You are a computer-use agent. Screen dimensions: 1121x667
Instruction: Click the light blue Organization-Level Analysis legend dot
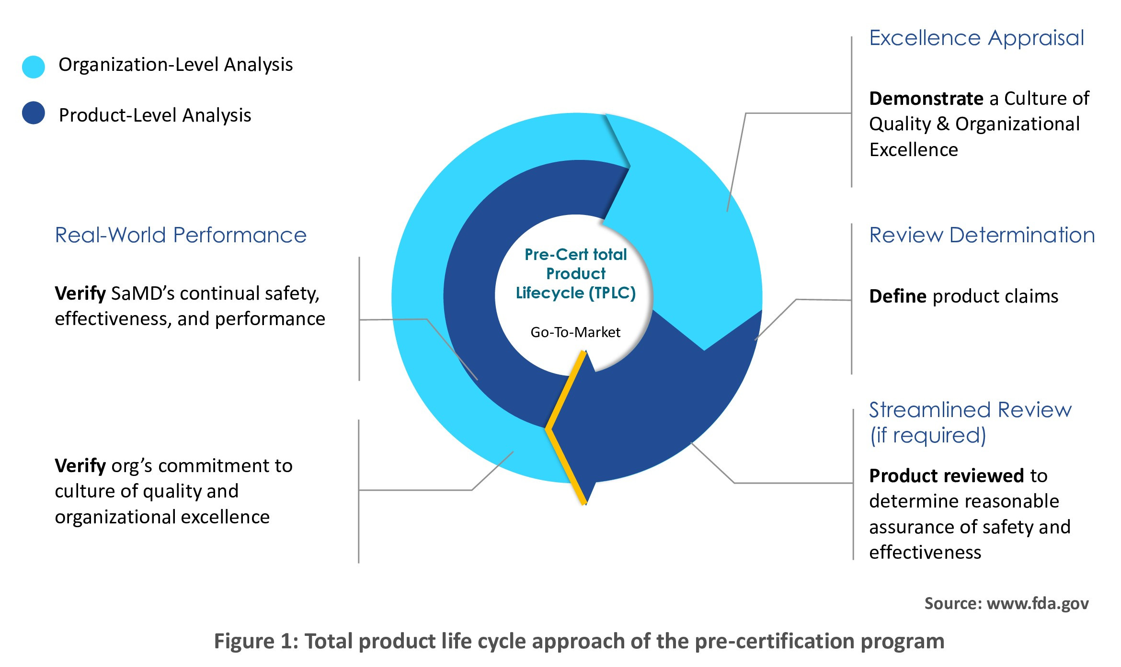click(x=34, y=67)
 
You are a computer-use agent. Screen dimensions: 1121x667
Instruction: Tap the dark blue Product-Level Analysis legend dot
click(x=34, y=113)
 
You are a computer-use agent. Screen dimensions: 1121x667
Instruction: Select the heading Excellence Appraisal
click(x=976, y=38)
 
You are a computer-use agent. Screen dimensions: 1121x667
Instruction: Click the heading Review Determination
click(x=982, y=235)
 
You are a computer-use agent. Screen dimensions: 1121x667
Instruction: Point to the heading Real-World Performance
click(x=181, y=235)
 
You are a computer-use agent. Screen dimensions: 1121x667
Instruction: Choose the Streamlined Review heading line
click(x=970, y=410)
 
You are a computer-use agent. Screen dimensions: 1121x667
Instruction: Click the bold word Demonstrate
click(x=926, y=99)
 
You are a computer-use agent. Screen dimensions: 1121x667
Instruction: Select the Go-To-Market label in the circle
click(x=575, y=332)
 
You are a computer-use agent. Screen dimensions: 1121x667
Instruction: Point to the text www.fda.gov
click(x=1038, y=604)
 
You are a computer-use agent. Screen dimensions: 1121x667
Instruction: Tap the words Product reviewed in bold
click(x=947, y=476)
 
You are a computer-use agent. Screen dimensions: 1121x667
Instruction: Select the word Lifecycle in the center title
click(x=549, y=293)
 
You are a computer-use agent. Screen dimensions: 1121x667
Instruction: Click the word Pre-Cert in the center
click(x=556, y=254)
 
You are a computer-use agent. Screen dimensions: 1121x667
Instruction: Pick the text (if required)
click(x=928, y=436)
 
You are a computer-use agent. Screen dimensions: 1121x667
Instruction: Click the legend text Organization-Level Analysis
click(x=175, y=65)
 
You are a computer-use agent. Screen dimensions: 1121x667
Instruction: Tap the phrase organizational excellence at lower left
click(x=162, y=517)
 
